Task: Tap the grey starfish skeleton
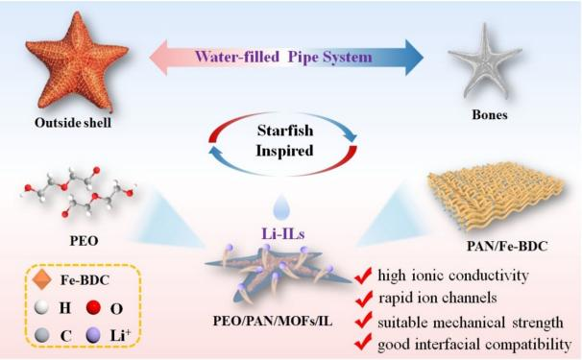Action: pos(486,61)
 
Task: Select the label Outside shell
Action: pos(73,123)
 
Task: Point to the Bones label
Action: pos(490,114)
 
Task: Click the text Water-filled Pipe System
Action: pos(283,58)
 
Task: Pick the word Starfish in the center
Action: pos(285,131)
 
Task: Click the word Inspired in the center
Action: pos(284,151)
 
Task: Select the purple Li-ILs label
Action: pos(283,234)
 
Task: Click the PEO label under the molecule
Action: pos(85,241)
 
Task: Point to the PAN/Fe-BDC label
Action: pos(507,246)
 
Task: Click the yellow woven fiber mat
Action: pos(496,196)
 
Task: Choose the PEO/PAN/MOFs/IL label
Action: pos(273,322)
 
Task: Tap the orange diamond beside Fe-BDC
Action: pos(41,279)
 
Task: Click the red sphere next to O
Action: pos(93,307)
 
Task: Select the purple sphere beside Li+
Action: pos(93,336)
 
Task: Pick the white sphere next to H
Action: pos(41,307)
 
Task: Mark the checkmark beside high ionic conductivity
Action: pos(363,276)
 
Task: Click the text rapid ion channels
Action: pos(438,298)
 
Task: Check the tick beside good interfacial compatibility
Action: pos(363,342)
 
